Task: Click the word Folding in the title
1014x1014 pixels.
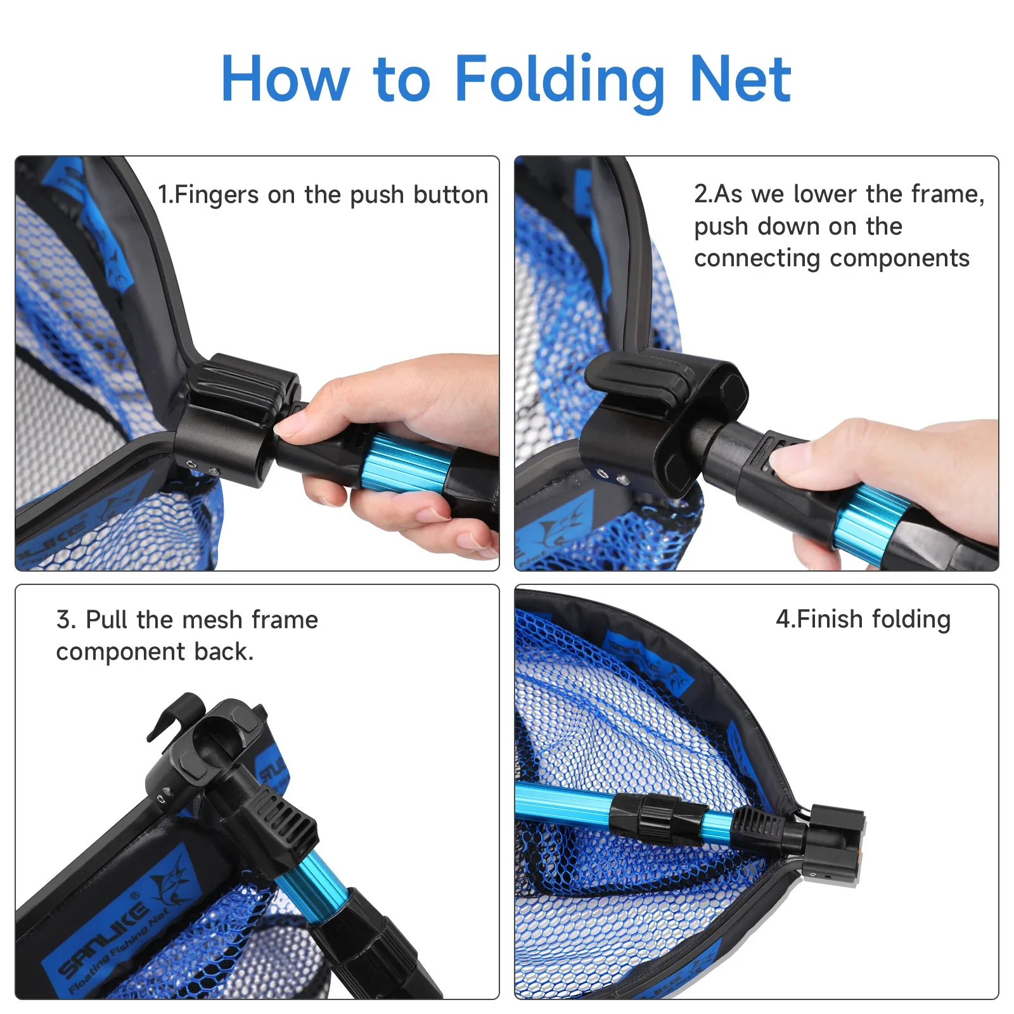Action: [x=560, y=81]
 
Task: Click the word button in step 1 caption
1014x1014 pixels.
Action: [x=451, y=195]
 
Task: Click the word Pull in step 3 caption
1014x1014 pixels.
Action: [x=107, y=619]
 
